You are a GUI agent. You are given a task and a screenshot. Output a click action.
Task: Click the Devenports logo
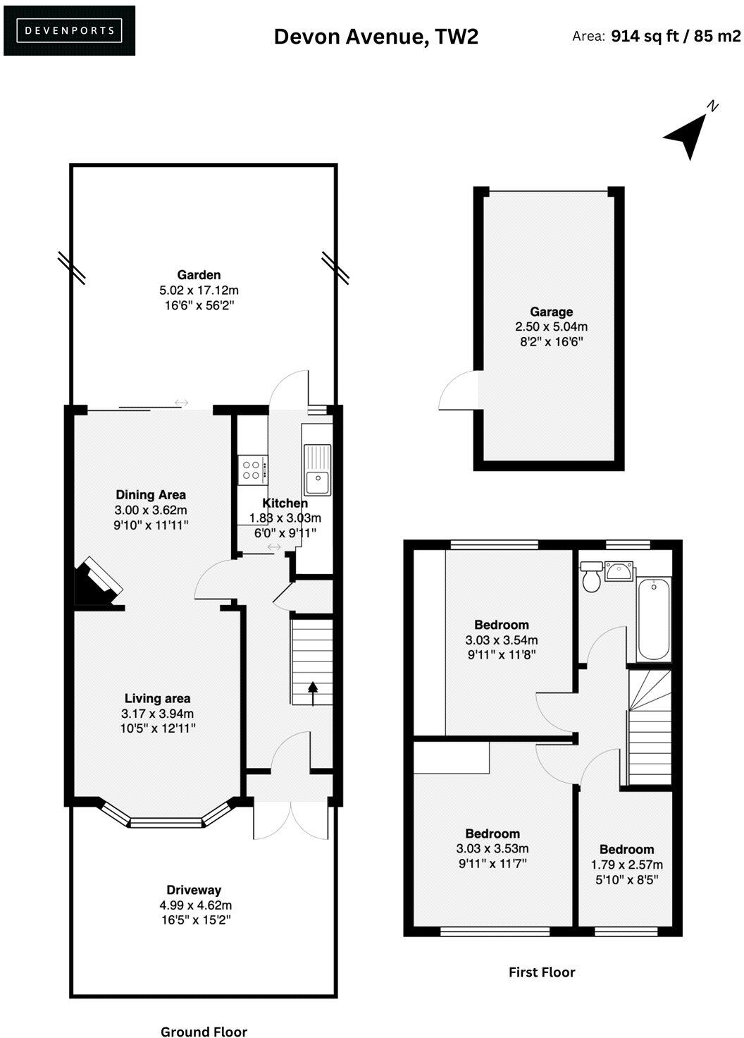coord(69,30)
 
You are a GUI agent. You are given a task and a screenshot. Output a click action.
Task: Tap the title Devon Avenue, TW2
coord(376,36)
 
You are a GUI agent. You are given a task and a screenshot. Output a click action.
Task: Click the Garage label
coord(551,312)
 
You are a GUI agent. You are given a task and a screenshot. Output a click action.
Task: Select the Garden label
coord(199,275)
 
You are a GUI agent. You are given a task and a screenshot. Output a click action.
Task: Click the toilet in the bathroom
coord(591,578)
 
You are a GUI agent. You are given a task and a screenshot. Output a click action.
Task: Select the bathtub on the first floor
coord(653,618)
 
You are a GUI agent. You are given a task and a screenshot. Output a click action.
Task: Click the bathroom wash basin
coord(619,570)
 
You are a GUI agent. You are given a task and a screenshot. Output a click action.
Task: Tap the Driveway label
coord(194,890)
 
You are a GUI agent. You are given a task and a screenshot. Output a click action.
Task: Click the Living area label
coord(157,699)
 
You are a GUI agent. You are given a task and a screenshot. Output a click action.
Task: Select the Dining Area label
coord(151,495)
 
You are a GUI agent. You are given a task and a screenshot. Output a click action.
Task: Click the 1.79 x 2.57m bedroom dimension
coord(626,865)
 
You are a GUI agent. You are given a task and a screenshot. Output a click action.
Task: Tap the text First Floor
coord(542,972)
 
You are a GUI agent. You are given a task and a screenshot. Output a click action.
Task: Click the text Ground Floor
coord(204,1032)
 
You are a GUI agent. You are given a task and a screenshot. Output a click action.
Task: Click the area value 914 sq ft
coord(644,36)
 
